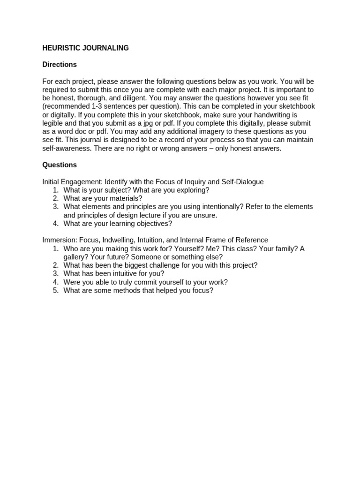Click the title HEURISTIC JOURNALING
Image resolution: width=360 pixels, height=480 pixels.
pyautogui.click(x=85, y=48)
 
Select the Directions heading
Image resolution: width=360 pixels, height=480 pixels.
pyautogui.click(x=60, y=65)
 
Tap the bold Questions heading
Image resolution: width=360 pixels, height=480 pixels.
pyautogui.click(x=60, y=165)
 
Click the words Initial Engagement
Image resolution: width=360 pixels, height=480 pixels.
pyautogui.click(x=72, y=181)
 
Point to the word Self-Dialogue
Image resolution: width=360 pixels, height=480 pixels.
pyautogui.click(x=243, y=181)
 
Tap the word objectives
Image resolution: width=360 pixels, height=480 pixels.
pyautogui.click(x=153, y=224)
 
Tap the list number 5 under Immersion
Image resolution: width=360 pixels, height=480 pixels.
pyautogui.click(x=55, y=291)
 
